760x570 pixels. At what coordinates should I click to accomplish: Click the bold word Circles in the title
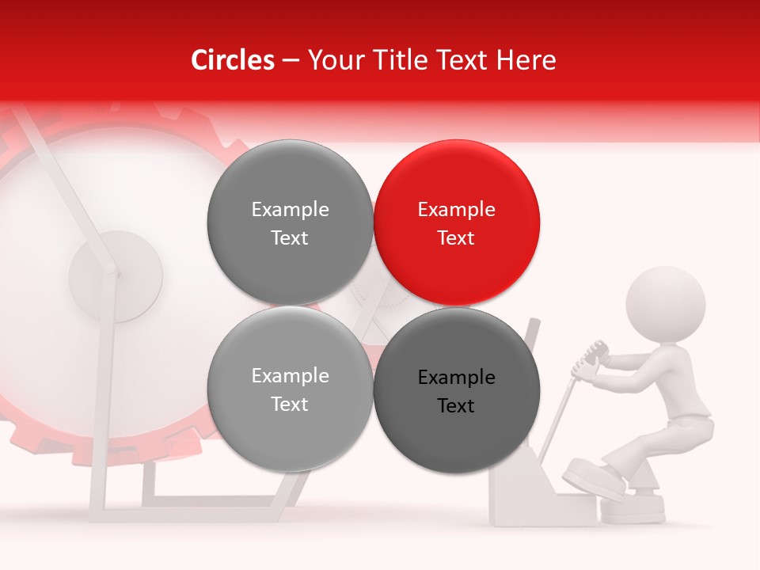tap(233, 60)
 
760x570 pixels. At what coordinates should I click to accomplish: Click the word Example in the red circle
tap(457, 210)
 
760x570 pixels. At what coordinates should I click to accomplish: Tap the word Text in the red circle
tap(456, 238)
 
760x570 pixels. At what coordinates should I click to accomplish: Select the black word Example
tap(457, 378)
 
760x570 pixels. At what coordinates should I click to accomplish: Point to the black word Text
tap(456, 406)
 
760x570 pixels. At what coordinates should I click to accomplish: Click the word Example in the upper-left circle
tap(290, 210)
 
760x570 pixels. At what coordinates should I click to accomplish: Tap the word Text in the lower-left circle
tap(290, 405)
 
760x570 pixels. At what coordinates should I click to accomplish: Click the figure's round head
tap(665, 304)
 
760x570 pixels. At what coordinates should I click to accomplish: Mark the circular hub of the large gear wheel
tap(116, 275)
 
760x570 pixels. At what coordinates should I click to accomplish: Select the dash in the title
tap(291, 60)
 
